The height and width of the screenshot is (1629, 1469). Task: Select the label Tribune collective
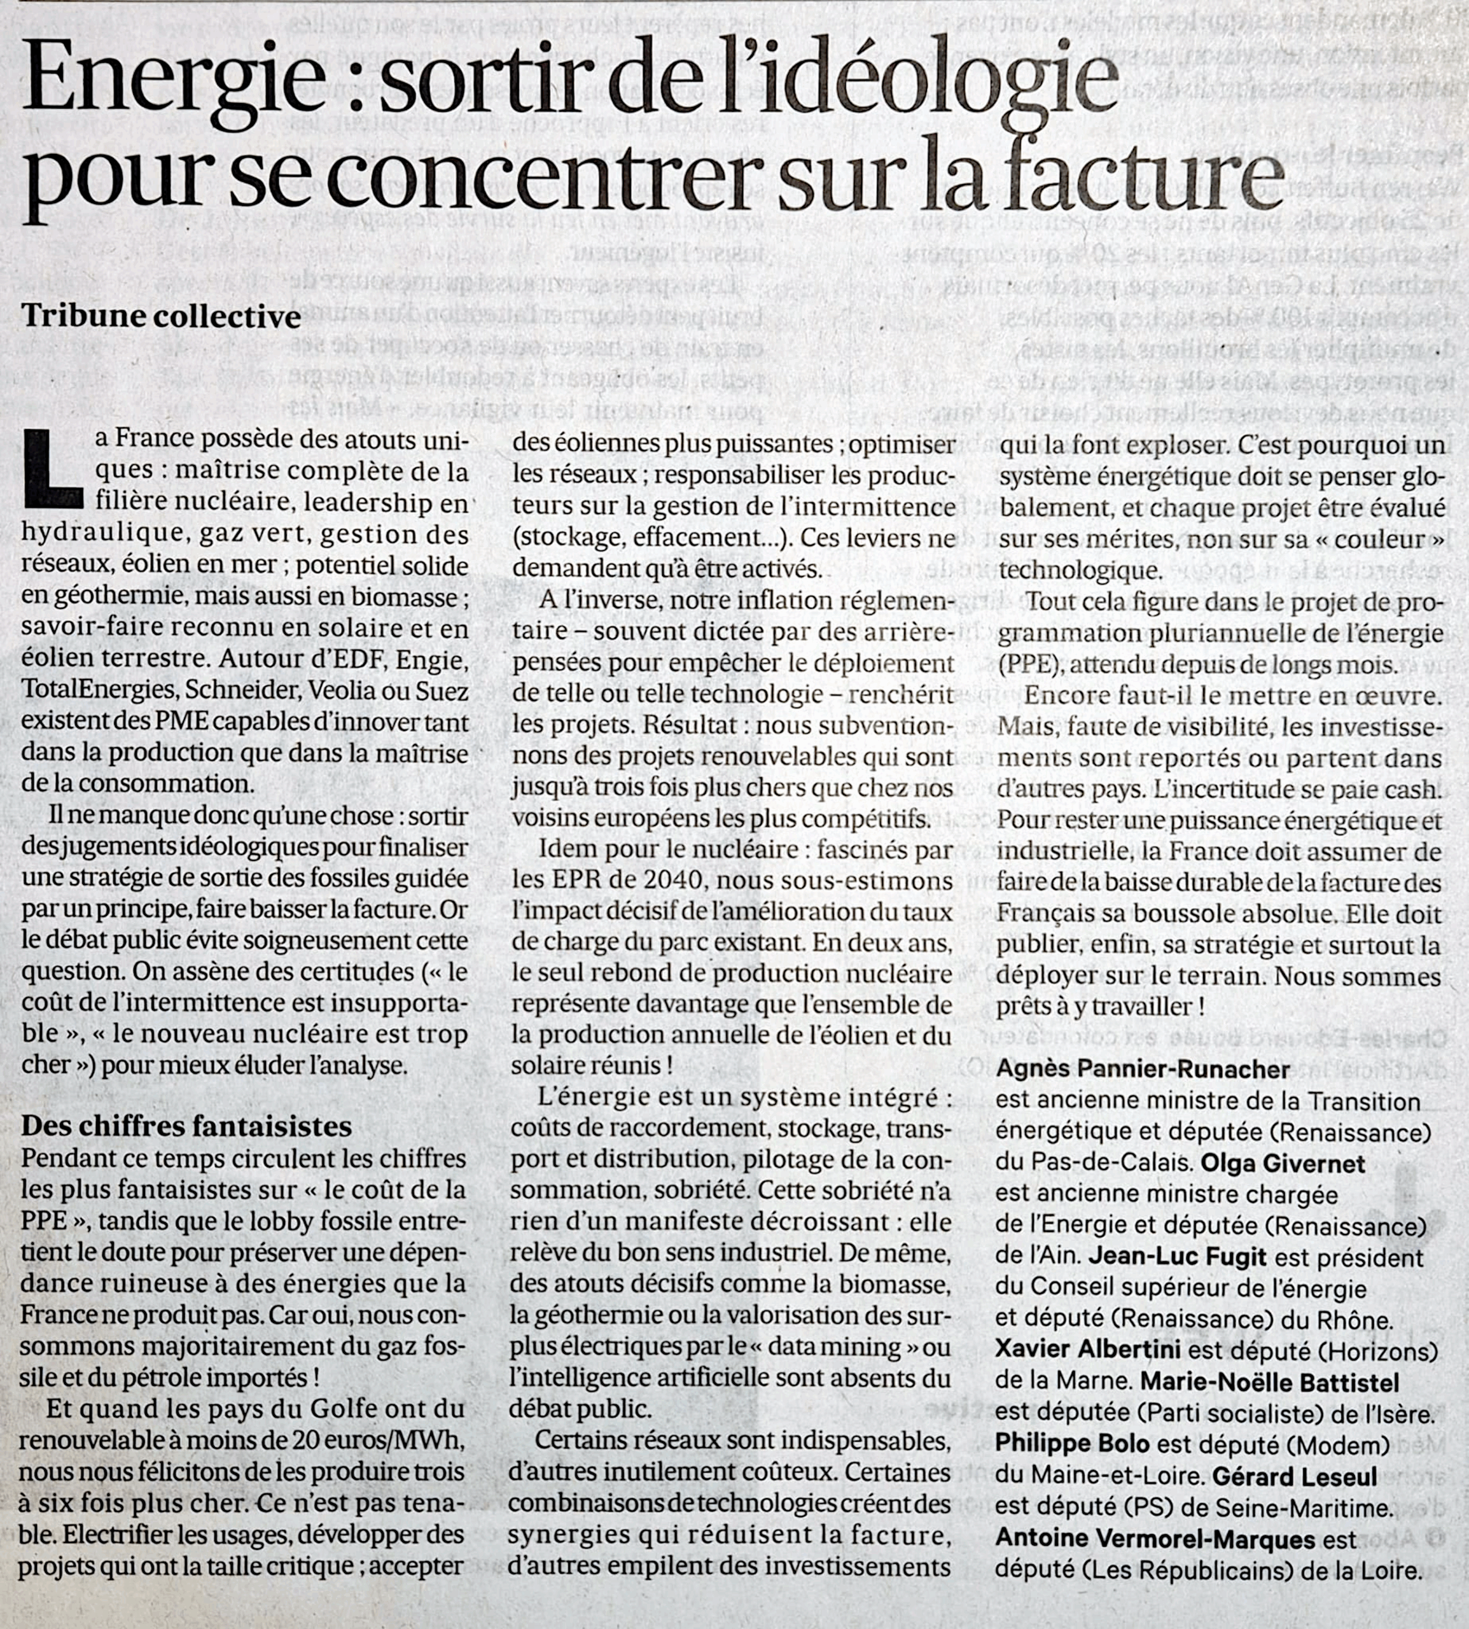tap(162, 316)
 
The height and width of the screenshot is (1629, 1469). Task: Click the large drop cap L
tap(52, 470)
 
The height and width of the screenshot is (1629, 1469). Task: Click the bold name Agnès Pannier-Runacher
tap(1143, 1069)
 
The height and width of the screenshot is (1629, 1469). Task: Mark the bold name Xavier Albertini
tap(1087, 1349)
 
